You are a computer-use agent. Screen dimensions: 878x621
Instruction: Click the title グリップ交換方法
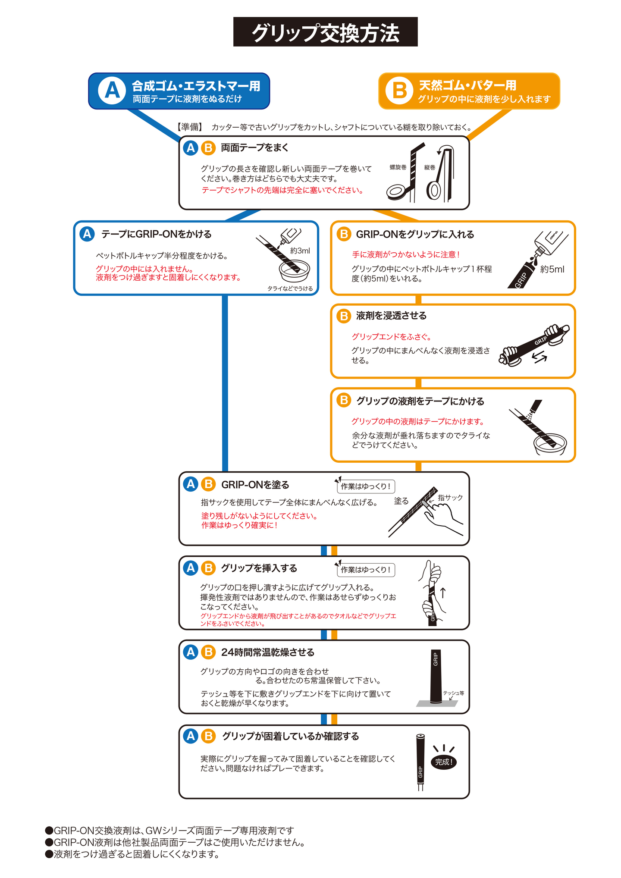point(325,32)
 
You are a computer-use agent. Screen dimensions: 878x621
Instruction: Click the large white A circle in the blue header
point(112,91)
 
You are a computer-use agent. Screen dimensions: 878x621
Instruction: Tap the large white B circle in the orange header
point(399,91)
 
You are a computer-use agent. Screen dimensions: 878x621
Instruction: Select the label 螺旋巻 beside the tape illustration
point(398,167)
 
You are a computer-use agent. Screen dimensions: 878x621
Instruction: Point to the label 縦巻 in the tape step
point(430,167)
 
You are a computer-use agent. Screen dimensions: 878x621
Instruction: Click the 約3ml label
point(300,251)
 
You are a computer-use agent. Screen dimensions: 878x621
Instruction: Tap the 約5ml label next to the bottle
point(552,270)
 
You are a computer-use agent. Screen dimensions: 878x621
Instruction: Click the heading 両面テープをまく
point(254,148)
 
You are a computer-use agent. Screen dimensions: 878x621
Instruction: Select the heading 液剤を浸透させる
point(391,316)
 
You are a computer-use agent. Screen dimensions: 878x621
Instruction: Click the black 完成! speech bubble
point(444,762)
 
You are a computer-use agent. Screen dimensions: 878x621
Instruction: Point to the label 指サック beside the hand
point(450,498)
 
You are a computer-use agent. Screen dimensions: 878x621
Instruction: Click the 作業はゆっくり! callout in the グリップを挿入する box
point(366,570)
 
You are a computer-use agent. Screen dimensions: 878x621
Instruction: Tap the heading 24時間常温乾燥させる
point(267,652)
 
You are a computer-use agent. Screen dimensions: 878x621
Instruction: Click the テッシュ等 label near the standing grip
point(454,693)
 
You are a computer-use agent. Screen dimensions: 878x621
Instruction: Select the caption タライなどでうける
point(290,288)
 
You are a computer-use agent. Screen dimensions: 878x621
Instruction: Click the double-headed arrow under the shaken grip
point(539,357)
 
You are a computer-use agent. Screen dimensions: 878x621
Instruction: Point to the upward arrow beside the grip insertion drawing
point(442,593)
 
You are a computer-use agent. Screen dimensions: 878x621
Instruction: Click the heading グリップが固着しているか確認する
point(290,736)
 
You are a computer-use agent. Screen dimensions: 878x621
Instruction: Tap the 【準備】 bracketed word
point(190,127)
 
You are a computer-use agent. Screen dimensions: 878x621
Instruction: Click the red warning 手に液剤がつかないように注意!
point(406,255)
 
